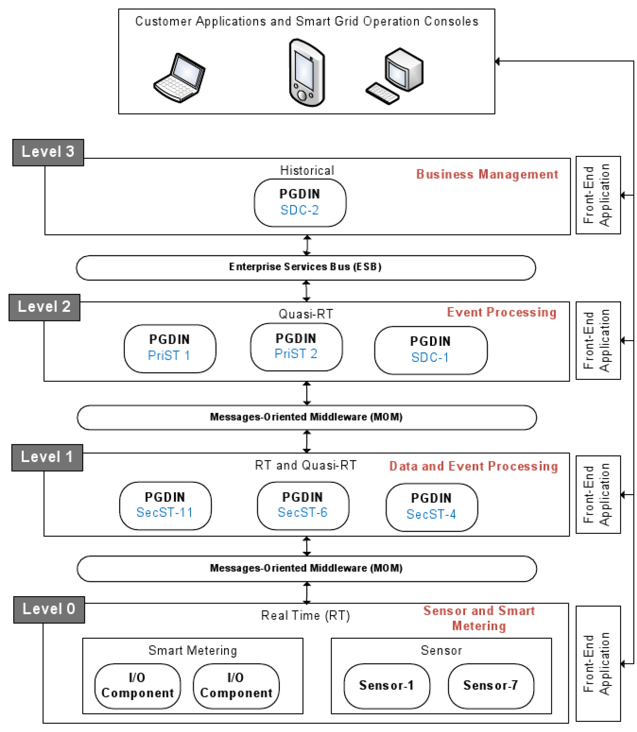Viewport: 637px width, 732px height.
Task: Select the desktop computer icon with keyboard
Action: tap(395, 76)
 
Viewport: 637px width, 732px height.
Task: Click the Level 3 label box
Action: tap(48, 153)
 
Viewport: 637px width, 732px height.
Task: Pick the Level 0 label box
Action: tap(49, 610)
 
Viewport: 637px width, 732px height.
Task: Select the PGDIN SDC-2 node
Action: tap(300, 202)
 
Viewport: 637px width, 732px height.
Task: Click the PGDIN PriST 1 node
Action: tap(170, 348)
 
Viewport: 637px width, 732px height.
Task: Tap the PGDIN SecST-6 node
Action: tap(303, 506)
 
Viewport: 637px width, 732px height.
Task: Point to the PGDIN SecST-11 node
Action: tap(165, 506)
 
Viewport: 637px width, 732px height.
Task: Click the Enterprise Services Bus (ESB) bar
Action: tap(306, 268)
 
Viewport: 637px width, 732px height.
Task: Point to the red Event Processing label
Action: tap(502, 312)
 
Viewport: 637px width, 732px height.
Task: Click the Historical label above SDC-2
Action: tap(307, 170)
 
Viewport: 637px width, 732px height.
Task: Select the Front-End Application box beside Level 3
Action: tap(598, 195)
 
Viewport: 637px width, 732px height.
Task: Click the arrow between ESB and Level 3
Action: tap(307, 245)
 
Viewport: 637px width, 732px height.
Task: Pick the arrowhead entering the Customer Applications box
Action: tap(497, 61)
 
